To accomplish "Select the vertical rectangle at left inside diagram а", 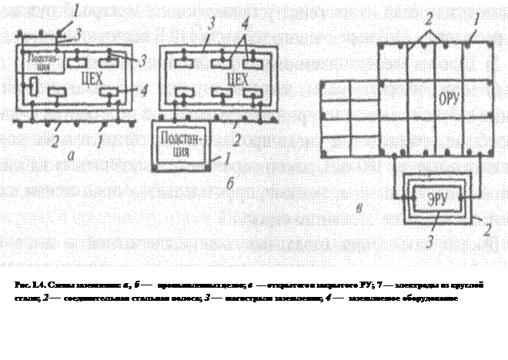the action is pos(33,86).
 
